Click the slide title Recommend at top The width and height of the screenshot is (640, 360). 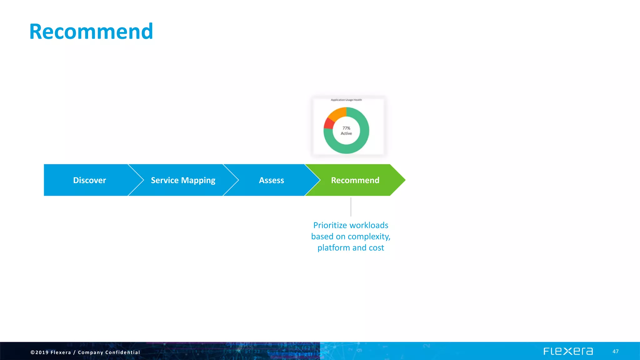(x=91, y=32)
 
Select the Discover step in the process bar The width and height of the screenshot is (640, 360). (x=89, y=180)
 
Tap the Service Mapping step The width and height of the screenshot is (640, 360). (x=183, y=180)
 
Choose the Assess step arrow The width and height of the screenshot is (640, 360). (x=271, y=180)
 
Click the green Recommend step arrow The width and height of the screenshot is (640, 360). (x=355, y=180)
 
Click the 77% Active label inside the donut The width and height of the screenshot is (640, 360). (x=346, y=131)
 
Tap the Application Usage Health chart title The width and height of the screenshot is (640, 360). (x=346, y=100)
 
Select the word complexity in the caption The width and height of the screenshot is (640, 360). (x=369, y=237)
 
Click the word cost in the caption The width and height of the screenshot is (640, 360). (x=376, y=248)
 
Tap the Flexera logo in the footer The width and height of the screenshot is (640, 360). (x=568, y=351)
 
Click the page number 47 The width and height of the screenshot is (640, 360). (x=615, y=352)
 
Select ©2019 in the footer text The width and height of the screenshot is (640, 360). (x=39, y=352)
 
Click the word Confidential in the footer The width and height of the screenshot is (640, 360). (x=122, y=352)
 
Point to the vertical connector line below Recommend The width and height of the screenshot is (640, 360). (x=351, y=207)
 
